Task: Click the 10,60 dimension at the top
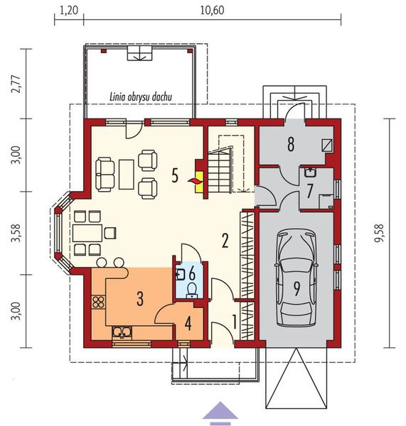pos(213,11)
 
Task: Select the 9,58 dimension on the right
pos(378,233)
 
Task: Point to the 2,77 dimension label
pos(16,84)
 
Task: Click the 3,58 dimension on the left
pos(16,233)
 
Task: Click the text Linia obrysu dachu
pos(141,97)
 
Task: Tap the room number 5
pos(175,175)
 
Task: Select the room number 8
pos(291,144)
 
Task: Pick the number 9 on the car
pos(297,288)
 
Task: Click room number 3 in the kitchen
pos(140,299)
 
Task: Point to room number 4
pos(188,323)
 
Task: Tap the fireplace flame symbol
pos(193,180)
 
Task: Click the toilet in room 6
pos(193,290)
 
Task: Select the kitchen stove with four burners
pos(99,302)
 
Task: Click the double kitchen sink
pos(122,332)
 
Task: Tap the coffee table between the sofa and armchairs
pos(127,175)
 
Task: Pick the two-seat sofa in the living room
pos(105,175)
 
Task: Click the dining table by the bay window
pos(87,233)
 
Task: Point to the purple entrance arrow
pos(220,414)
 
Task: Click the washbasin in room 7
pos(310,173)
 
